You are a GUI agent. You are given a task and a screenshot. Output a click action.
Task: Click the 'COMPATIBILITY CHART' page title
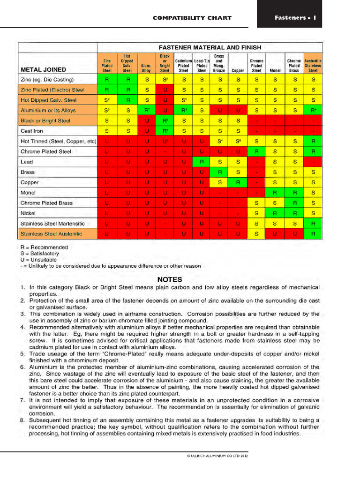tap(192, 18)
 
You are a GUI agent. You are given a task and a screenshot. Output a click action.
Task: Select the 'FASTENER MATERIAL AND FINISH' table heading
tap(210, 47)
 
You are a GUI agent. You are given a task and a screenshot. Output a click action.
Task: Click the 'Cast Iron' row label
tap(32, 131)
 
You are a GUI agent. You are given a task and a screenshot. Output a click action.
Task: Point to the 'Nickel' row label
tap(29, 213)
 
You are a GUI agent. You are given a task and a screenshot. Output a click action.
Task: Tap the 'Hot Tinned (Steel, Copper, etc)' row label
tap(58, 141)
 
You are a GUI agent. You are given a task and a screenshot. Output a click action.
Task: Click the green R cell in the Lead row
tap(202, 162)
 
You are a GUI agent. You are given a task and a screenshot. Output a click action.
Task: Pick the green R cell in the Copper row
tap(238, 182)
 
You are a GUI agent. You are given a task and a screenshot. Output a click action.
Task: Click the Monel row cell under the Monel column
tap(275, 193)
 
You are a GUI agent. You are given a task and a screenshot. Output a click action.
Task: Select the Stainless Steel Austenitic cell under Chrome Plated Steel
tap(256, 233)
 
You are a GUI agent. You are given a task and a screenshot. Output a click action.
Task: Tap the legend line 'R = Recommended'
tap(44, 247)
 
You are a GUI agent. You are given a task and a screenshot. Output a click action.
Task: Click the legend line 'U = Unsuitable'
tap(38, 259)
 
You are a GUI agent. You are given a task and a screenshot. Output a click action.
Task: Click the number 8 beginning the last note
tap(22, 420)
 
